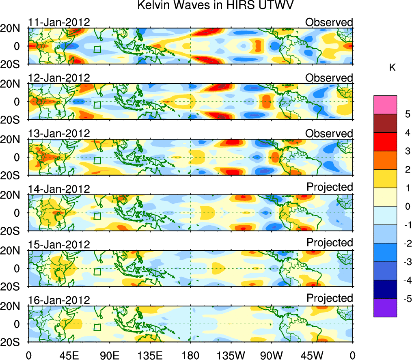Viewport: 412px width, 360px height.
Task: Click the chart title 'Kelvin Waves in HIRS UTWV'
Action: click(215, 6)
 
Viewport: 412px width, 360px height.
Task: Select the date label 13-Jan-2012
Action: click(59, 134)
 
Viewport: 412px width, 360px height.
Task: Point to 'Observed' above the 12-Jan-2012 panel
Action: click(329, 78)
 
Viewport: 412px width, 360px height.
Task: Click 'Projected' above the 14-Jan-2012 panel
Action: click(330, 187)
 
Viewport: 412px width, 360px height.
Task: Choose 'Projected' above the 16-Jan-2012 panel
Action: click(330, 298)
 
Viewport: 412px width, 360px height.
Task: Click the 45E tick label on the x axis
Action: click(69, 354)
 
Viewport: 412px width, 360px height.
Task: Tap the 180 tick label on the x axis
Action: click(190, 354)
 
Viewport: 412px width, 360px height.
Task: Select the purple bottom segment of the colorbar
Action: click(385, 308)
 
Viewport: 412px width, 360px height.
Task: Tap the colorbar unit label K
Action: click(392, 67)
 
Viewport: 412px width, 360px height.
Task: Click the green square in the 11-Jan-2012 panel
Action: click(97, 50)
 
